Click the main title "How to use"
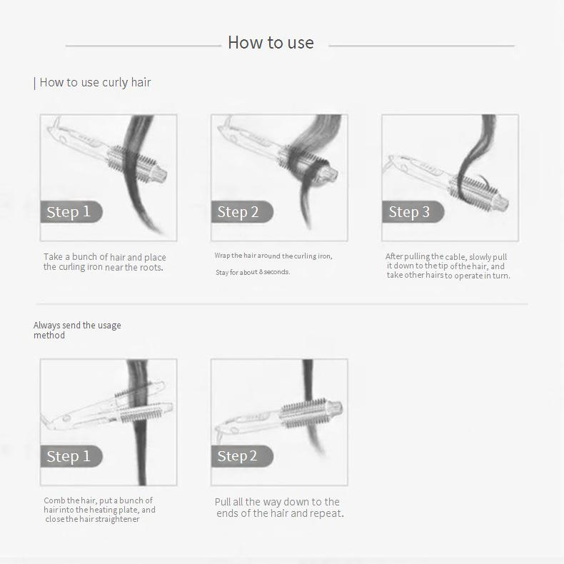pos(271,42)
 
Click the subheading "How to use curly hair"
pos(95,82)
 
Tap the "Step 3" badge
pos(413,212)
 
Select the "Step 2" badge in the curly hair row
pos(242,212)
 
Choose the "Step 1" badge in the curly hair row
pos(71,212)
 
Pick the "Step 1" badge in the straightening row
pos(71,456)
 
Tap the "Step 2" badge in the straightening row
pos(242,456)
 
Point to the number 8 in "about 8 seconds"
pos(261,272)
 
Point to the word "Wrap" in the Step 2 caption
pos(222,256)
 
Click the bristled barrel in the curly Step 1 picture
pos(132,162)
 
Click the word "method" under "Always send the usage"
pos(49,336)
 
